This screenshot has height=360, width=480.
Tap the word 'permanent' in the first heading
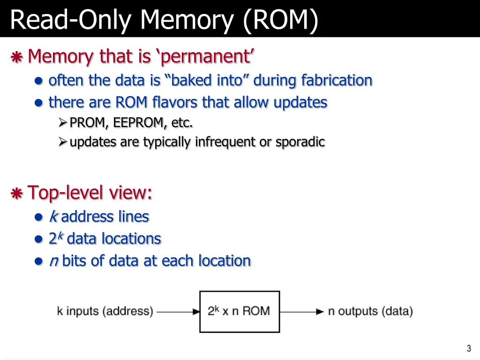pos(205,57)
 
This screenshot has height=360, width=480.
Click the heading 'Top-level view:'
pos(90,193)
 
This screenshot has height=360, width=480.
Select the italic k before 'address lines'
pos(53,217)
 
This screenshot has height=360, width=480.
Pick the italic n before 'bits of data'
pos(53,261)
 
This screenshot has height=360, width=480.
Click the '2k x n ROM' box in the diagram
pos(240,311)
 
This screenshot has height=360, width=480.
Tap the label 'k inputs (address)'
pos(105,311)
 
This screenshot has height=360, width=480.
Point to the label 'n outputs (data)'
pos(370,311)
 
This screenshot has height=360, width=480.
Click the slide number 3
pos(468,348)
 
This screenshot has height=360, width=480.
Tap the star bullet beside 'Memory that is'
pos(17,58)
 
